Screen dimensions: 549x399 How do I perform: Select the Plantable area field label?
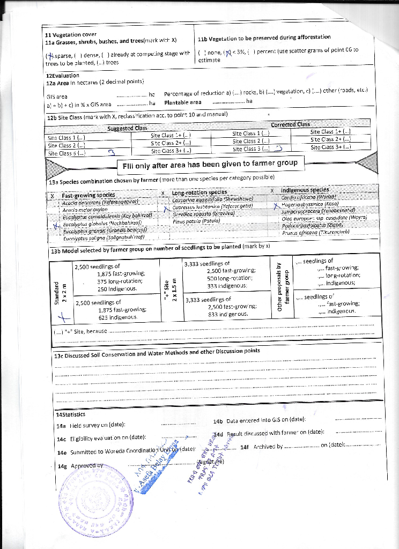coord(183,102)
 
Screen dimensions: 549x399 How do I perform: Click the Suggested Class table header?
coord(127,128)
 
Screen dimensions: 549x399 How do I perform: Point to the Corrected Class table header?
coord(290,125)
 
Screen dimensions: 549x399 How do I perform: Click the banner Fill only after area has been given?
coord(210,164)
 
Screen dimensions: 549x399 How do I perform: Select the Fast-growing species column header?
coord(88,195)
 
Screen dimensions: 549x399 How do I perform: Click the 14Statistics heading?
coord(71,414)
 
